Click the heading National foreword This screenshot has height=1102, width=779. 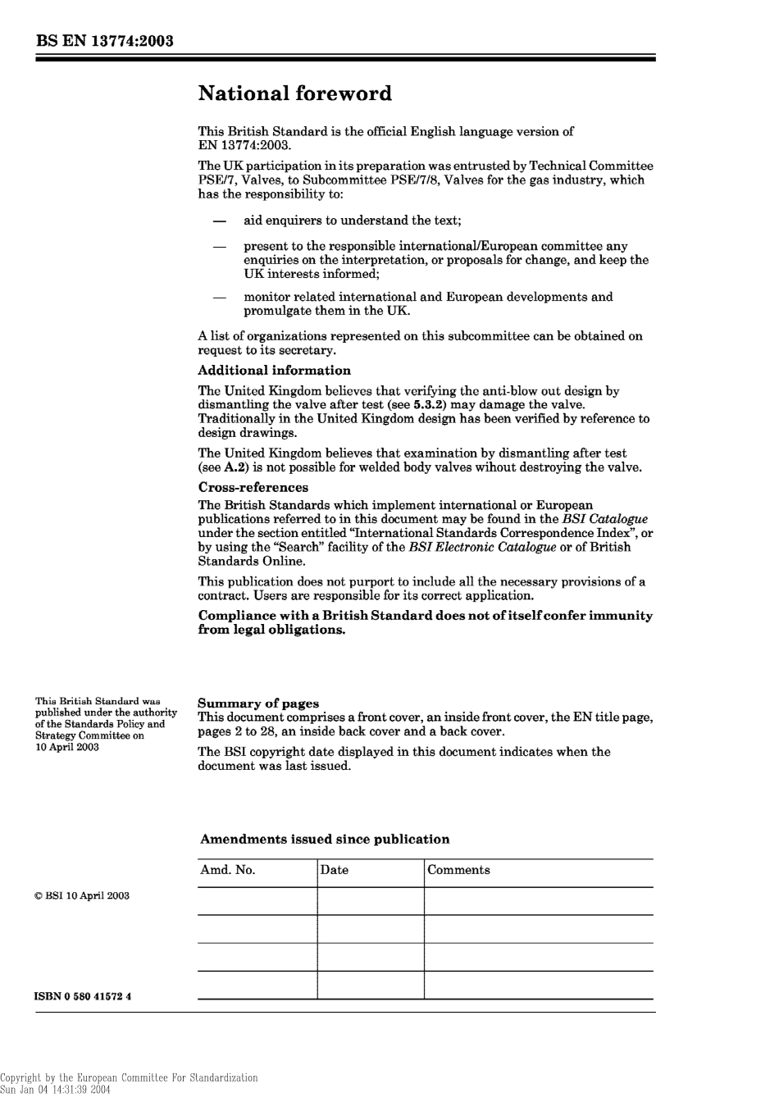pos(294,93)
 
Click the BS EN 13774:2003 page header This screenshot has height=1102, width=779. pos(103,40)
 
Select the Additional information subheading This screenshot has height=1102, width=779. pos(274,371)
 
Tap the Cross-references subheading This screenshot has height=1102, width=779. pos(253,487)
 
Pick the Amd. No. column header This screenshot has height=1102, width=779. pos(227,871)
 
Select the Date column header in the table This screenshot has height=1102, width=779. pos(334,871)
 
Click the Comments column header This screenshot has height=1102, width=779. pos(458,871)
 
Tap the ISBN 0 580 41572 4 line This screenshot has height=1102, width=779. pos(83,997)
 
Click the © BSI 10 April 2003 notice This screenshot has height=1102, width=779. pos(81,896)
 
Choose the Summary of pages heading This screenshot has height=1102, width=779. pos(258,704)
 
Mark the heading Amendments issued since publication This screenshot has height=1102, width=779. pos(325,840)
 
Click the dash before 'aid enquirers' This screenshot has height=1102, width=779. pos(219,221)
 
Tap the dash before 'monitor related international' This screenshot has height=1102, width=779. pos(219,298)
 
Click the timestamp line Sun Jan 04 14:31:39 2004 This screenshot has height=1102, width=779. pos(55,1090)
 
